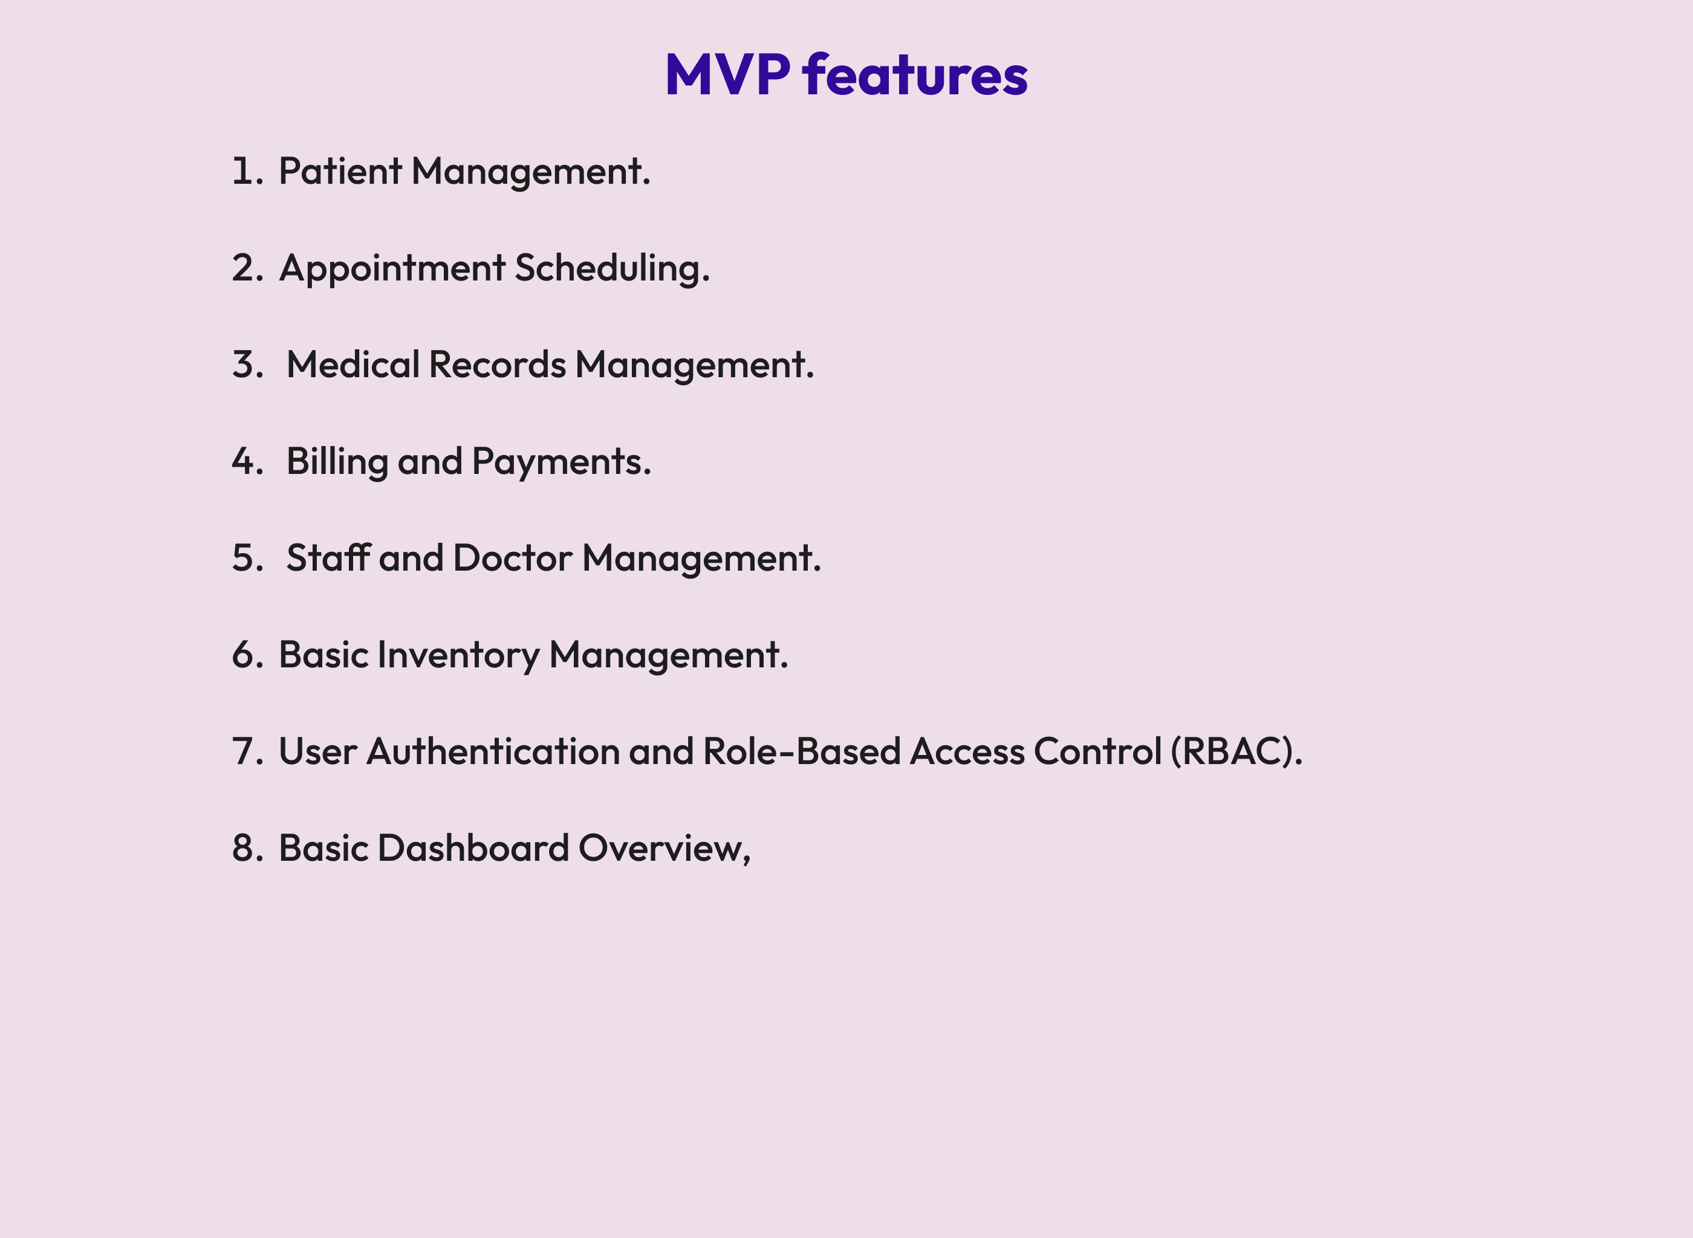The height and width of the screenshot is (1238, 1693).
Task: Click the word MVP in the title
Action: (727, 75)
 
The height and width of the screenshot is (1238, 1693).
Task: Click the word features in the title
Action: (914, 75)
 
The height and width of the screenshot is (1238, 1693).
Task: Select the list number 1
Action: (244, 171)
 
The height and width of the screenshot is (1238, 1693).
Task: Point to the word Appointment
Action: (392, 268)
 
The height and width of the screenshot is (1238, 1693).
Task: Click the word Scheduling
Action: (611, 268)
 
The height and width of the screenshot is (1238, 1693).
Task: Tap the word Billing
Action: (337, 462)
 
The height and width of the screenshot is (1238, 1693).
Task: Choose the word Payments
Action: (561, 462)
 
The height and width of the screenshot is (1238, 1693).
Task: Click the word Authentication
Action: (492, 751)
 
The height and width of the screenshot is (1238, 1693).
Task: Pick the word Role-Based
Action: (801, 751)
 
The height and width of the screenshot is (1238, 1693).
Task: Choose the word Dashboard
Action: (473, 847)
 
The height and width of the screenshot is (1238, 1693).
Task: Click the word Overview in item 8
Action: (663, 847)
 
